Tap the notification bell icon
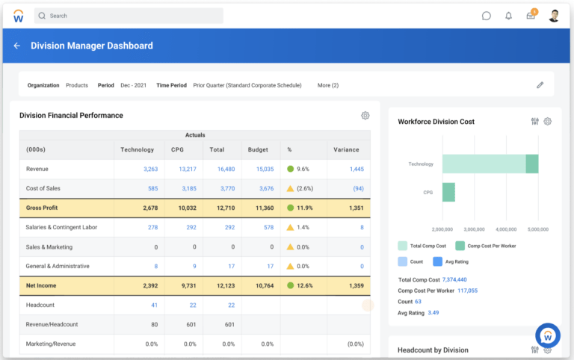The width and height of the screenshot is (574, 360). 508,16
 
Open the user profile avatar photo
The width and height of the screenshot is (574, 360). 554,16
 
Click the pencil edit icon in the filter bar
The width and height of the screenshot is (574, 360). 540,85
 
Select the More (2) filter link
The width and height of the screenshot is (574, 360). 328,85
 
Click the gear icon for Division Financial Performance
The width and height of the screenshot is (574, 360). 365,116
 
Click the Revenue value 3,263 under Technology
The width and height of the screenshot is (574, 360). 150,170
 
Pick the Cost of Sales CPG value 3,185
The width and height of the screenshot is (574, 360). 188,189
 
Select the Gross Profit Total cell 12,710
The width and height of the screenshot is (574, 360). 225,208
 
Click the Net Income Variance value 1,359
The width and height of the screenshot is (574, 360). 357,285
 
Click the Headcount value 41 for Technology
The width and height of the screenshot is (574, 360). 154,305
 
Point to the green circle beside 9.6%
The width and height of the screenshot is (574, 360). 290,170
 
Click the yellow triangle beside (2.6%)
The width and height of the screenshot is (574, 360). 290,189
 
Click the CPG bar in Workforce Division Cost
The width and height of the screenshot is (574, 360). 448,192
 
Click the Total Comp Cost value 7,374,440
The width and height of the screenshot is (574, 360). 460,279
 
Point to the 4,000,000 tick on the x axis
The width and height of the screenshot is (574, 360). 506,229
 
